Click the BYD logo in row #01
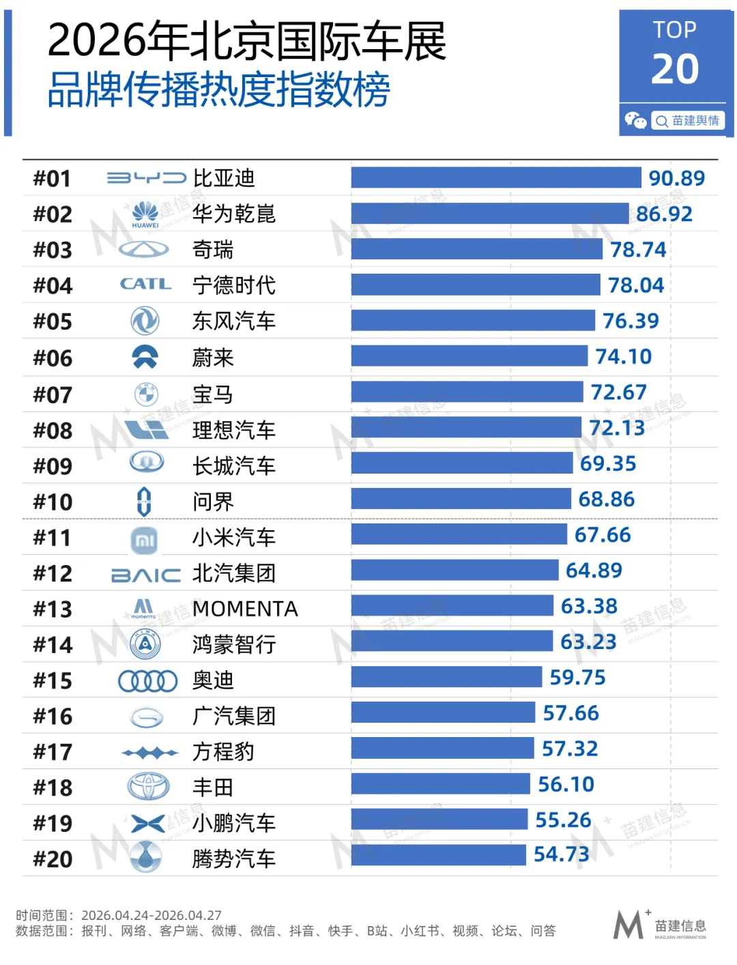(x=146, y=178)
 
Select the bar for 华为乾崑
(x=489, y=214)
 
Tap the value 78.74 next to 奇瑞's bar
(x=638, y=250)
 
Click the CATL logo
(x=145, y=284)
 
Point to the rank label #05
(x=53, y=321)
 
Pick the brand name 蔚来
(x=213, y=358)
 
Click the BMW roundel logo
(x=145, y=394)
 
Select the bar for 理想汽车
(x=466, y=428)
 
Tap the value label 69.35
(x=607, y=464)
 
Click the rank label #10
(x=53, y=502)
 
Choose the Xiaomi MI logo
(x=144, y=541)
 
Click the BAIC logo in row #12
(x=146, y=575)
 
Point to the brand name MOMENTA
(x=245, y=609)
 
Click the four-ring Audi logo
(x=147, y=680)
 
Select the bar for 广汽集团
(x=443, y=712)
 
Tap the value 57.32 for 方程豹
(x=569, y=749)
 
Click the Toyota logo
(x=148, y=787)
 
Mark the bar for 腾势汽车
(x=438, y=855)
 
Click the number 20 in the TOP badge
(x=675, y=69)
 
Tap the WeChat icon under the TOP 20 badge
(x=635, y=121)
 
